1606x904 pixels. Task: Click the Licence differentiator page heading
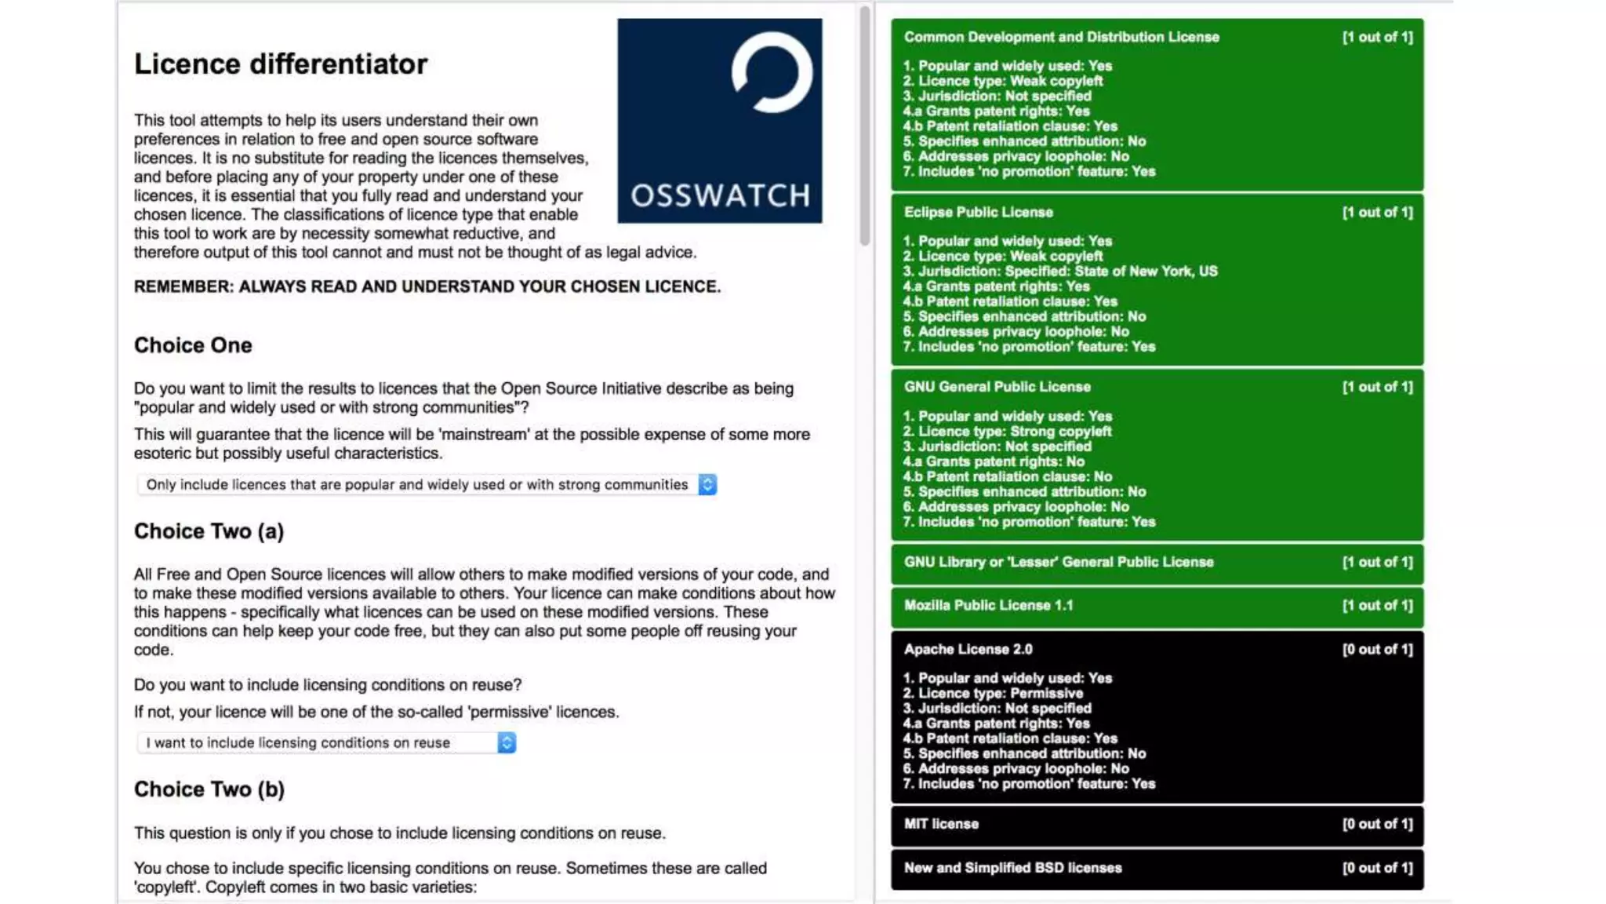[281, 64]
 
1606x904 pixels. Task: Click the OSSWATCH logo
[719, 121]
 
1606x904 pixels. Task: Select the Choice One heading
[193, 345]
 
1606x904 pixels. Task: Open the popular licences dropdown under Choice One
[427, 485]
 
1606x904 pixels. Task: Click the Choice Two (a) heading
[209, 531]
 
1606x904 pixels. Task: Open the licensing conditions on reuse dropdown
[326, 742]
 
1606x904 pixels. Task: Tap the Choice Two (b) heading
[209, 789]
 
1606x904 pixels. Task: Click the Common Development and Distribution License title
[1061, 37]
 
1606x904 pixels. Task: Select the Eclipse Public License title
[978, 212]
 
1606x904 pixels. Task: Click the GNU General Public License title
[997, 387]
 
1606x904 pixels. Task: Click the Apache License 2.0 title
[968, 649]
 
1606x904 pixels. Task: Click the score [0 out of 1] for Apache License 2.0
[1377, 649]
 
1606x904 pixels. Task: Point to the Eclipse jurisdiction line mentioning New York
[1060, 272]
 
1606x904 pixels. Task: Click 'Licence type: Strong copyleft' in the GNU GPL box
[1007, 432]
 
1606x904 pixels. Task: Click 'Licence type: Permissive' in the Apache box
[993, 693]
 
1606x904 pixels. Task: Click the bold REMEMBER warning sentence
[427, 286]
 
